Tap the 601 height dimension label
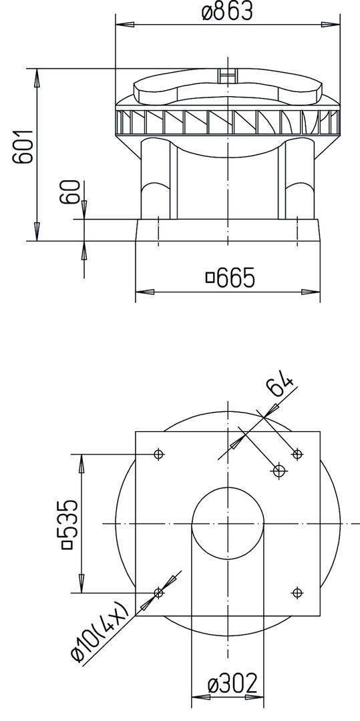(23, 146)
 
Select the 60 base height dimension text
(71, 192)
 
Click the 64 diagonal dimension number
(281, 385)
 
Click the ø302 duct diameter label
(232, 684)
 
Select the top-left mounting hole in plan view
(158, 455)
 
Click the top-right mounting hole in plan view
(297, 455)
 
